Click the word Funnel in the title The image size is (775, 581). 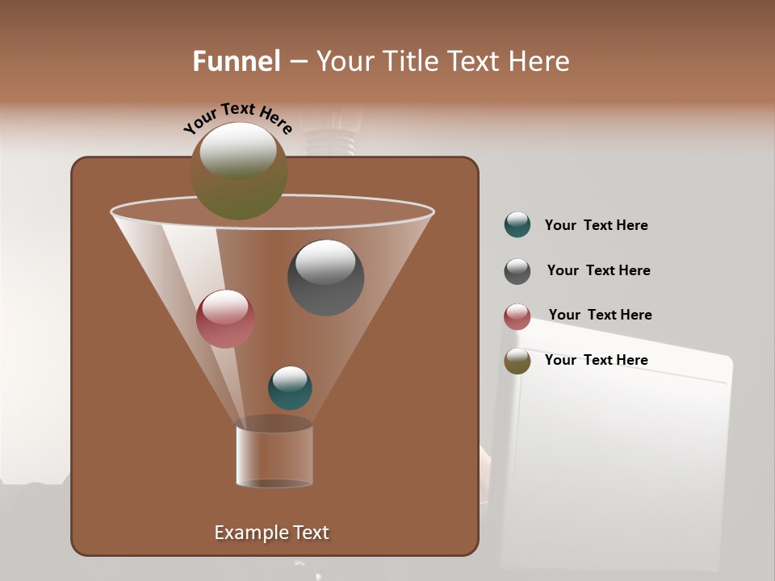pos(236,61)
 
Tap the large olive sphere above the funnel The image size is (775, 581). pos(238,171)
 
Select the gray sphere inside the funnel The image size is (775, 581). pos(325,277)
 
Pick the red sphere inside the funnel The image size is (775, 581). pos(225,319)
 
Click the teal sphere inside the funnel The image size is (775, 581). pos(290,387)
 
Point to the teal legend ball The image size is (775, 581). pos(517,225)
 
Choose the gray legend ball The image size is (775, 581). pos(517,271)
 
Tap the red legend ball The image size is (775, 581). pos(517,316)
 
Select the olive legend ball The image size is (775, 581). pos(517,361)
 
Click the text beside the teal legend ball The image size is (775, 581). pos(596,225)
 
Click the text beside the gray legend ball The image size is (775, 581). pos(598,270)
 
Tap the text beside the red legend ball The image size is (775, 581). pos(600,315)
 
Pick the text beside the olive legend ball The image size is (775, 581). pos(596,360)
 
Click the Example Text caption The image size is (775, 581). pos(271,533)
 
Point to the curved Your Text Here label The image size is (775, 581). pos(237,118)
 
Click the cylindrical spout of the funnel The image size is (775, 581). pos(274,456)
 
